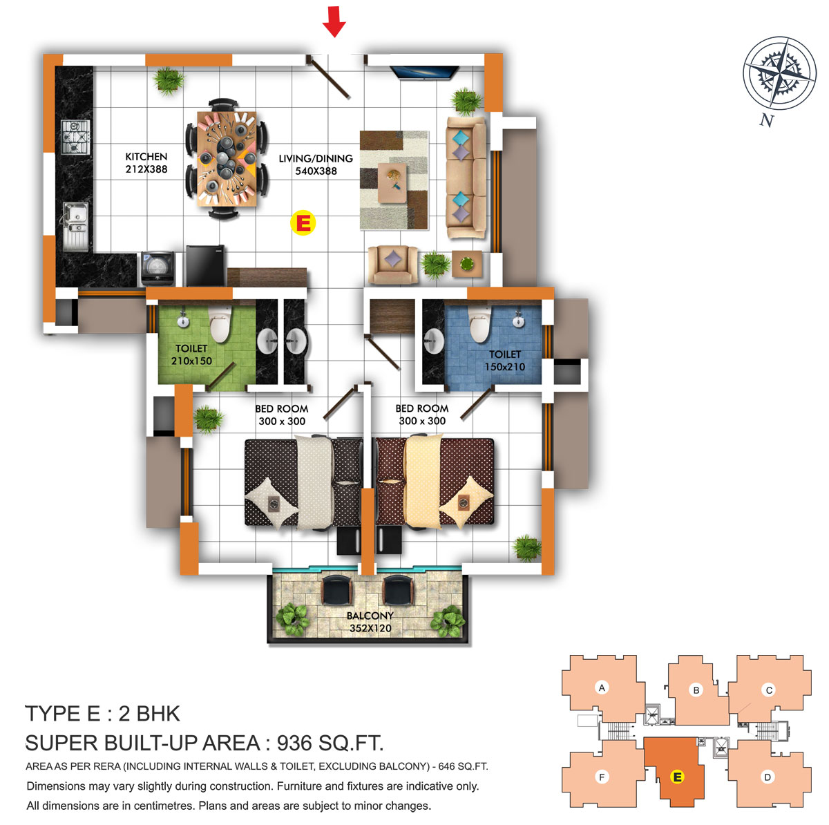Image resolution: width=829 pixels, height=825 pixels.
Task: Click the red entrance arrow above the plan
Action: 334,21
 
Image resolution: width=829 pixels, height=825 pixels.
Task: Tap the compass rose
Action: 779,73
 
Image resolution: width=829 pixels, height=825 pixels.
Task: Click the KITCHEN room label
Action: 146,157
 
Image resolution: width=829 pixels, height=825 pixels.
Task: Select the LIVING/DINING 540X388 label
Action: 316,165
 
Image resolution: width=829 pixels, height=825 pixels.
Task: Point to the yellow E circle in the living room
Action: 303,223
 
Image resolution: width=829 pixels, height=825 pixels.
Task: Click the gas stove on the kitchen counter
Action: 75,137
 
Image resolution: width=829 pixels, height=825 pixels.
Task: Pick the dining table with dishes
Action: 227,159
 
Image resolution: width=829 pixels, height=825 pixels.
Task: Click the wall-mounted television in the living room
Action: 424,72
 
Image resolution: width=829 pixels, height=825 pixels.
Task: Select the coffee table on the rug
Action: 392,182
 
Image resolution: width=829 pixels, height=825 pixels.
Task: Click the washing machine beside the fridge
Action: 158,269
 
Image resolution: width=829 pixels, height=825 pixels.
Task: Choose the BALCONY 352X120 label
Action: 370,622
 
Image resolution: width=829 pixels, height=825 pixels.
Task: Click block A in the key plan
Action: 602,687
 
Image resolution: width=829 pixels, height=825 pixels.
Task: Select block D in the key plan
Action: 768,777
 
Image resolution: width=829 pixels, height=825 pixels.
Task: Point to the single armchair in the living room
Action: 393,265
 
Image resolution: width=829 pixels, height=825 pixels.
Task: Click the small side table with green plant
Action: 467,263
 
